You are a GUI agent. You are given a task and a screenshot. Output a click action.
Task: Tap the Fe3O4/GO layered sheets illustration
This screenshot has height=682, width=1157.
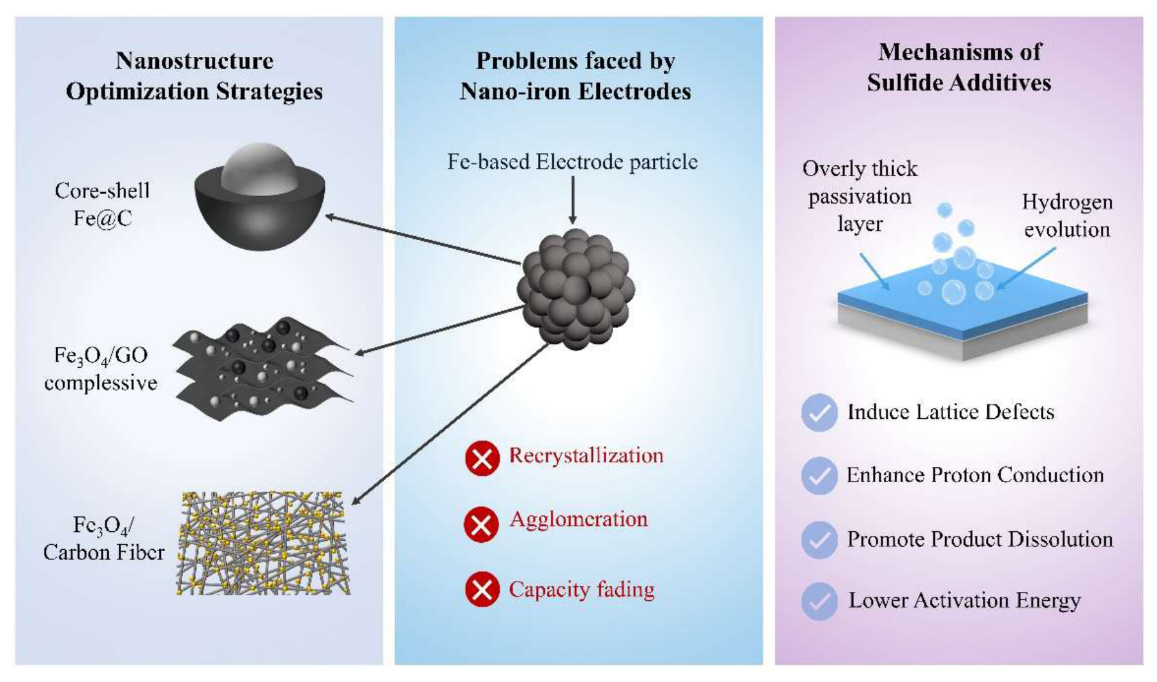(x=262, y=368)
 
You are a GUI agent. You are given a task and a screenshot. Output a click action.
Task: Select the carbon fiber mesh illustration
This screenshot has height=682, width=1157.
(x=263, y=543)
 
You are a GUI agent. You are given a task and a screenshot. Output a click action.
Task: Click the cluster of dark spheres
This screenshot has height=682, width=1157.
(x=576, y=289)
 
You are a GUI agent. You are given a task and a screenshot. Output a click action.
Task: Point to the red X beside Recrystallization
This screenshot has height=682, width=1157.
(x=482, y=458)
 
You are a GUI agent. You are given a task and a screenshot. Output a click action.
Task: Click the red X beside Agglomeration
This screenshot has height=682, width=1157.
(x=482, y=524)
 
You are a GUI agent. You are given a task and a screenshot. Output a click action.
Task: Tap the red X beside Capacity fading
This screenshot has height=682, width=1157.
(x=482, y=589)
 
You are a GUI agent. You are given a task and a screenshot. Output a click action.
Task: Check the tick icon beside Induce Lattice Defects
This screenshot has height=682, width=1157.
(x=819, y=413)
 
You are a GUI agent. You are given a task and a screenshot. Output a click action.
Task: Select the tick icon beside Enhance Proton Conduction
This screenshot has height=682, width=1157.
(x=819, y=476)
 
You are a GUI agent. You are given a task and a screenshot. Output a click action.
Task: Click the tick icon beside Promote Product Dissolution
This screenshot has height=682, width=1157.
(x=819, y=540)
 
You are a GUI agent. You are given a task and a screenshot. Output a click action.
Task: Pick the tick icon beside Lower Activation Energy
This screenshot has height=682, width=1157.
(x=819, y=602)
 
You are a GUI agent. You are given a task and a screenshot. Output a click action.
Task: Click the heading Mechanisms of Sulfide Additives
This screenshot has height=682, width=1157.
(x=959, y=67)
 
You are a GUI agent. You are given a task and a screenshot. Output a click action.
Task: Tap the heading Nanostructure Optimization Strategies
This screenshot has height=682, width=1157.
(x=195, y=76)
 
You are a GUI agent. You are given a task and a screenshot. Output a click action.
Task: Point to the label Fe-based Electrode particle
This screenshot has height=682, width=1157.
(x=572, y=162)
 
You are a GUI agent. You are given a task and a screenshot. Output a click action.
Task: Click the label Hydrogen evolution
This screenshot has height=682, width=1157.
(x=1067, y=216)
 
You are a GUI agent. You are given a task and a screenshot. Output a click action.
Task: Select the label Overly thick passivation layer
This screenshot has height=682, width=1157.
(x=860, y=196)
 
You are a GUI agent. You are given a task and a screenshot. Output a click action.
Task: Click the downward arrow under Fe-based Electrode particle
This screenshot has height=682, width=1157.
(x=572, y=201)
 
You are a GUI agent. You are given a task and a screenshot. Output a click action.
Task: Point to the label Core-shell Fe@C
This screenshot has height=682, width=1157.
(x=102, y=204)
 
